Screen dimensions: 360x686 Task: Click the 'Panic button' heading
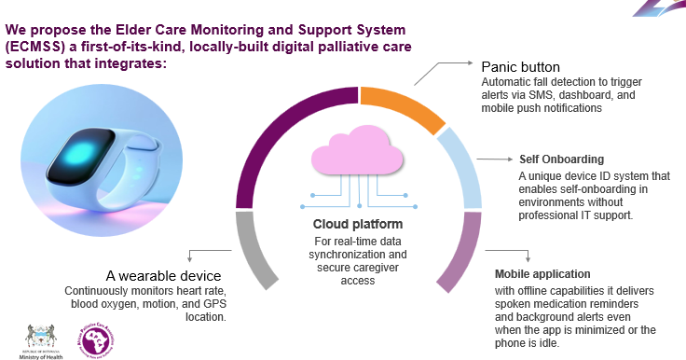(521, 68)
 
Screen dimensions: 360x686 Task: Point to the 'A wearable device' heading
(163, 277)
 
